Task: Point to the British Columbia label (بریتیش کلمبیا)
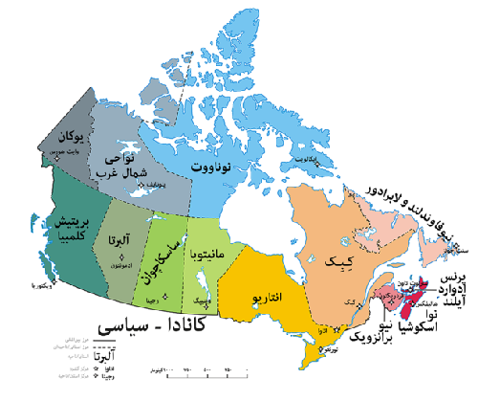click(72, 222)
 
